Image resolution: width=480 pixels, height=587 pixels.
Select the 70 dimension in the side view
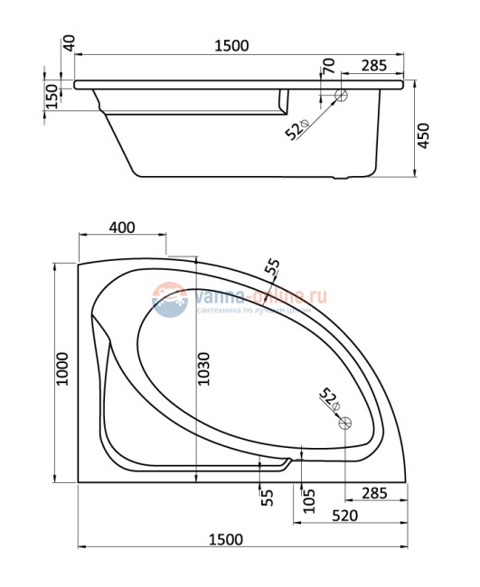tap(327, 66)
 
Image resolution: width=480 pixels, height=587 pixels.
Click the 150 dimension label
tap(52, 97)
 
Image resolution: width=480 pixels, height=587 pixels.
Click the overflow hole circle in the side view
tap(342, 95)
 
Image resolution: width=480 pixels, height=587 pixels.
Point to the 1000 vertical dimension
tap(62, 369)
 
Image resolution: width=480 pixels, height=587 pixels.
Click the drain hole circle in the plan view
tap(343, 423)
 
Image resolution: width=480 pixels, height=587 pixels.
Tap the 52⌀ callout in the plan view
tap(328, 398)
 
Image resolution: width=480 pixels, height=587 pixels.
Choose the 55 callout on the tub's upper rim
tap(272, 268)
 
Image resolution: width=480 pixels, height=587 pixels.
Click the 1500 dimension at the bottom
tap(226, 539)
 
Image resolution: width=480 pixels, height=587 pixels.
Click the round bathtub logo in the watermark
tap(169, 299)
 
